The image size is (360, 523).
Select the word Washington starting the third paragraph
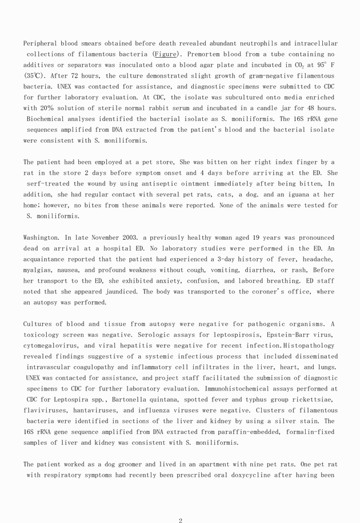[42, 238]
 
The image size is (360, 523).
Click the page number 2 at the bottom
[181, 520]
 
